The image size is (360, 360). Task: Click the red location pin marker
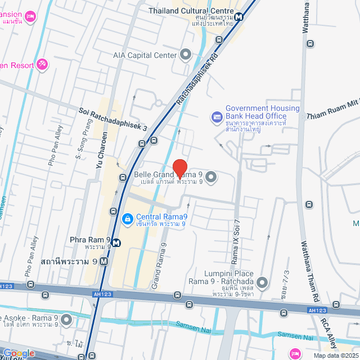[x=179, y=168]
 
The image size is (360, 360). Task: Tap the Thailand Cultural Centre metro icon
[x=240, y=16]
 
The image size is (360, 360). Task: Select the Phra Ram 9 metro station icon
[x=116, y=243]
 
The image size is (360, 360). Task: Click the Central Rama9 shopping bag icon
[x=127, y=218]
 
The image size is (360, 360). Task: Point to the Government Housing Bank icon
[x=217, y=117]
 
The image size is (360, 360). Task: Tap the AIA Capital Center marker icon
[x=186, y=55]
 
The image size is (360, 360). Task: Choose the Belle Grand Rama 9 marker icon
[x=211, y=178]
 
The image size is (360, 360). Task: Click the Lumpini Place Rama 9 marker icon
[x=262, y=281]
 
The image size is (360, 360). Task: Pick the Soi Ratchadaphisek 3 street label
[x=113, y=120]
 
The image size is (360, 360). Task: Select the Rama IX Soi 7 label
[x=236, y=235]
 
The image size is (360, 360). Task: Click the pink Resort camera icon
[x=43, y=65]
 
